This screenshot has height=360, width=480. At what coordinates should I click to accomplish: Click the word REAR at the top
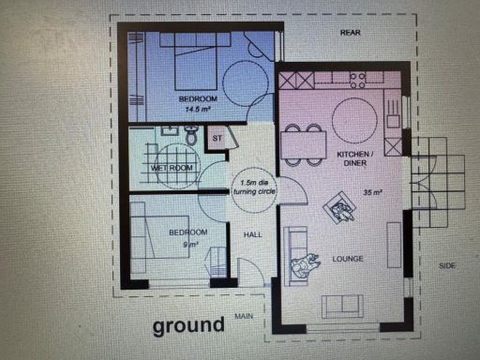pos(351,33)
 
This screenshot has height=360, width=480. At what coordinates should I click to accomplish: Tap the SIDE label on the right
pos(448,265)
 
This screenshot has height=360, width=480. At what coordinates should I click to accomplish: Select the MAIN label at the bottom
pos(245,316)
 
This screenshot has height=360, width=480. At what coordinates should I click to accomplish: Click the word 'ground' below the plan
pos(188,325)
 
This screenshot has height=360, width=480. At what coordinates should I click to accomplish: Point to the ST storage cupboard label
pos(217,139)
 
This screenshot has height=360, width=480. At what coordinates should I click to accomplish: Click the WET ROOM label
pos(172,168)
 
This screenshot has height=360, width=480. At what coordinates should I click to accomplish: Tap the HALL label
pos(253,234)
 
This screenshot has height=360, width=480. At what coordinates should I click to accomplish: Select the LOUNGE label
pos(348,259)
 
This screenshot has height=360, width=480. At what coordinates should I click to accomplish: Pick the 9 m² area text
pos(191,244)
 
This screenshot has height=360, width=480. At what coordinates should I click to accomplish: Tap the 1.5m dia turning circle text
pos(252,186)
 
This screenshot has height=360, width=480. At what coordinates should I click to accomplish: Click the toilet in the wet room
pos(191,137)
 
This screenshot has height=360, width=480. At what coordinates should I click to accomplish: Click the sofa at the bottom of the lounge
pos(342,305)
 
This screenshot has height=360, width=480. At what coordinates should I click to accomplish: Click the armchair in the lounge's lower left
pos(305,267)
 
